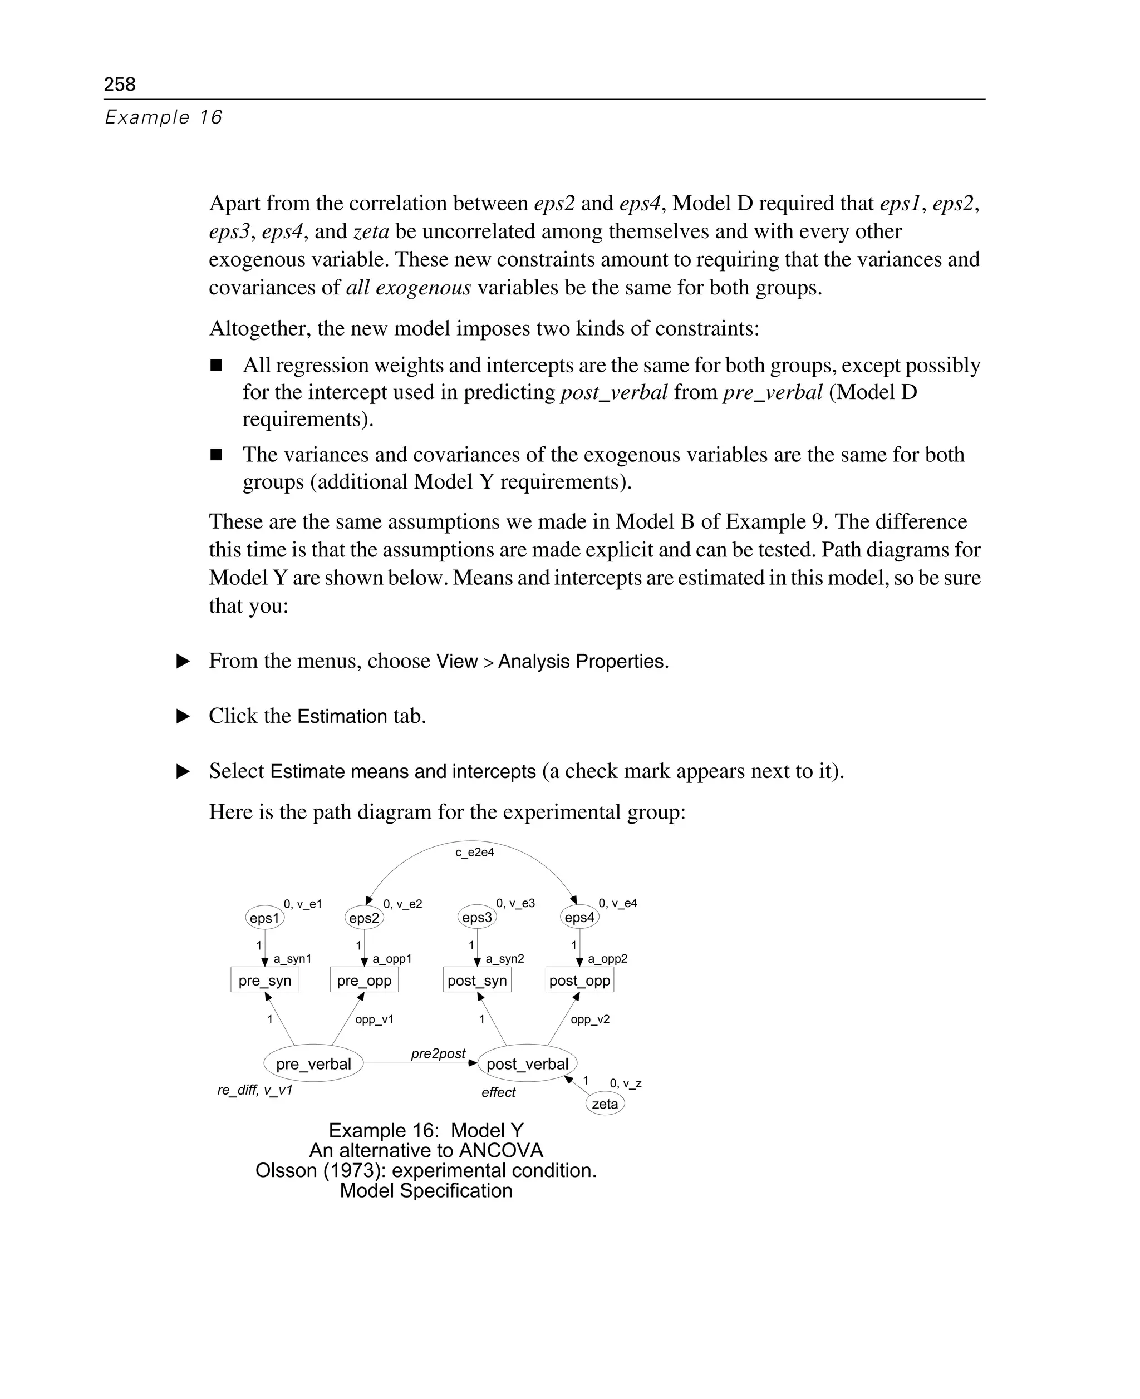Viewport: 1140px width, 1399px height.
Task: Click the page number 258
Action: click(120, 84)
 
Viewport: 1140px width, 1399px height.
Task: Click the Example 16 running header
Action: click(164, 117)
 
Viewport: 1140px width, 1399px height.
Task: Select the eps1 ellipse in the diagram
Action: click(264, 918)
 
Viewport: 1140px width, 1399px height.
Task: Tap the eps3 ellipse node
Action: click(476, 917)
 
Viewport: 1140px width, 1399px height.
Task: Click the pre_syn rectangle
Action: click(264, 980)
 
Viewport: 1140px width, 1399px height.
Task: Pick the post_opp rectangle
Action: click(579, 980)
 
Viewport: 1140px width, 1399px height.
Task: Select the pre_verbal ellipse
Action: click(313, 1063)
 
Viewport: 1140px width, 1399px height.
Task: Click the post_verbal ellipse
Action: click(527, 1063)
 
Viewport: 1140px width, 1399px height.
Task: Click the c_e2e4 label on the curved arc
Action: click(474, 852)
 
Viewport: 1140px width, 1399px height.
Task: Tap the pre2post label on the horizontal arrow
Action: click(438, 1053)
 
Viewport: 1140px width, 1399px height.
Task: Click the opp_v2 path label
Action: click(589, 1019)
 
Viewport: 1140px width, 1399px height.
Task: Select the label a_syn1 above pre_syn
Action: click(292, 958)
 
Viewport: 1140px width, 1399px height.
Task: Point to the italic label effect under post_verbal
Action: click(498, 1092)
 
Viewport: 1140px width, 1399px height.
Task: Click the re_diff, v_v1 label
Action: click(255, 1090)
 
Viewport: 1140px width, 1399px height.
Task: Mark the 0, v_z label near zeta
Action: click(625, 1083)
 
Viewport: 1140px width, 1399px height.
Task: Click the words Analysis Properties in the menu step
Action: click(583, 661)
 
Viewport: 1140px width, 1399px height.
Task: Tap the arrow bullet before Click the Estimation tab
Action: click(183, 716)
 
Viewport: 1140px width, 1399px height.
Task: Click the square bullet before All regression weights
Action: click(216, 365)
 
